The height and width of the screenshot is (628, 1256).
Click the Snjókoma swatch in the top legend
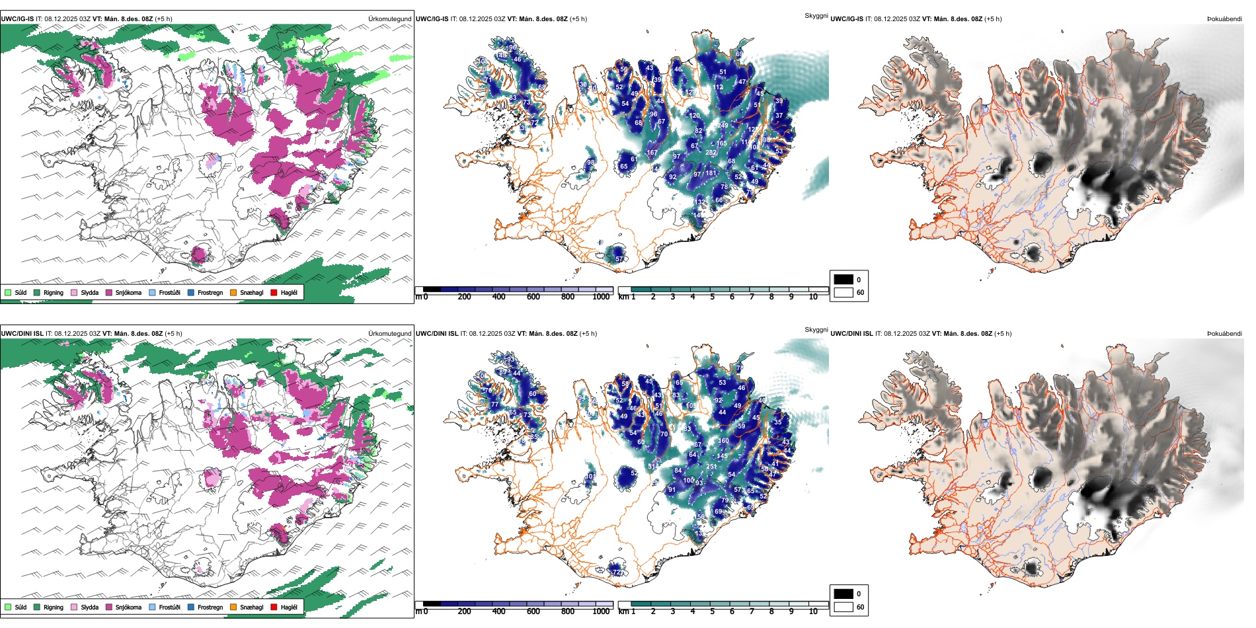click(x=109, y=292)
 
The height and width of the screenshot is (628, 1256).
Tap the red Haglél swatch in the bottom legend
click(x=274, y=607)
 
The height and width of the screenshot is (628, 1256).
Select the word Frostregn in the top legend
click(x=210, y=292)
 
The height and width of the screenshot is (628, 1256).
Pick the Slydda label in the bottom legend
click(x=89, y=607)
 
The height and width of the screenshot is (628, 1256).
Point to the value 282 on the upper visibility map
click(x=711, y=153)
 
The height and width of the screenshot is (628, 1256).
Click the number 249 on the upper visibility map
click(x=723, y=125)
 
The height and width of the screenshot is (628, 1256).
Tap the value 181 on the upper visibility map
click(x=711, y=173)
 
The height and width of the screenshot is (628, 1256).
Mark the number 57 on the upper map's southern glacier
click(x=619, y=259)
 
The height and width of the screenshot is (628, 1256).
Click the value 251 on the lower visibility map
click(x=711, y=467)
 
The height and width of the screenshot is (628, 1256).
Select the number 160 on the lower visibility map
click(x=724, y=441)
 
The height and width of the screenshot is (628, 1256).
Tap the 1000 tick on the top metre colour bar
click(x=601, y=297)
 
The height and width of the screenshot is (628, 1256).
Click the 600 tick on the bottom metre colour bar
click(x=533, y=611)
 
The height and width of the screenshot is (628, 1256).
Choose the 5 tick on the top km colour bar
click(x=712, y=297)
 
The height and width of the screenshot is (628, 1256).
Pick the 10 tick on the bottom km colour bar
click(x=813, y=611)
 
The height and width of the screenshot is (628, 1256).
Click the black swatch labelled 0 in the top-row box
click(x=844, y=280)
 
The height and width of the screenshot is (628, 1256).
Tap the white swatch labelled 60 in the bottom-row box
click(x=844, y=607)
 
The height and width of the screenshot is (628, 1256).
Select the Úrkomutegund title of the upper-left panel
click(x=389, y=19)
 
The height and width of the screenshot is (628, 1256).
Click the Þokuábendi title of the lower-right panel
click(x=1224, y=334)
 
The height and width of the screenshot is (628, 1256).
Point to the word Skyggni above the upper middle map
click(x=816, y=15)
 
